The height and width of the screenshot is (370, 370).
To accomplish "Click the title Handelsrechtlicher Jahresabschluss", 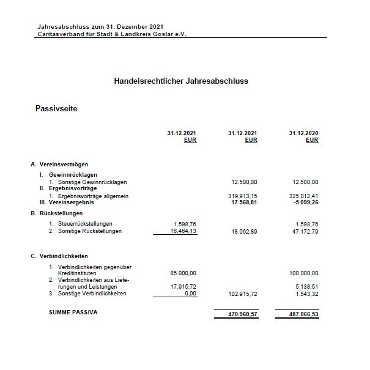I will pos(180,80).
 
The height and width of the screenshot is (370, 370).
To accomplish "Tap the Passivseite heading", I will pos(56,109).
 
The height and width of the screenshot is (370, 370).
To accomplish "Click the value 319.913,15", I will pos(243,196).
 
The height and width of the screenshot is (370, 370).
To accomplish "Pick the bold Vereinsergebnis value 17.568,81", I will pos(244,202).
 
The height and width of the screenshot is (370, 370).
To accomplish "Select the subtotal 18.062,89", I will pos(244,232).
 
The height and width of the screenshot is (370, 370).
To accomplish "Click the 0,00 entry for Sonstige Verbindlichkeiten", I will pos(191,294).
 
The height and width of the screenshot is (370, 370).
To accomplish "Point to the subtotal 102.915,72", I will pos(242,294).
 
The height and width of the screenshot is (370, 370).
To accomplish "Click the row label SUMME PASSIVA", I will pos(73,312).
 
